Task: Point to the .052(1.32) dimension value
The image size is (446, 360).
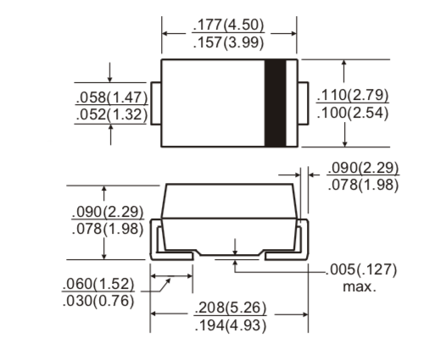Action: click(x=109, y=114)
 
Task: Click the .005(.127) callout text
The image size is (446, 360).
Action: click(x=362, y=271)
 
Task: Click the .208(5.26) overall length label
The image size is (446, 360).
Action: click(x=229, y=307)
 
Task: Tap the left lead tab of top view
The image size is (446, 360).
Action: click(x=156, y=102)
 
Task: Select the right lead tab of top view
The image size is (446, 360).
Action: click(x=301, y=102)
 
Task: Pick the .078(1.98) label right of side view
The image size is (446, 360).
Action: click(x=363, y=185)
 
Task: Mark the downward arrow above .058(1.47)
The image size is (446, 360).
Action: click(x=111, y=77)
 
